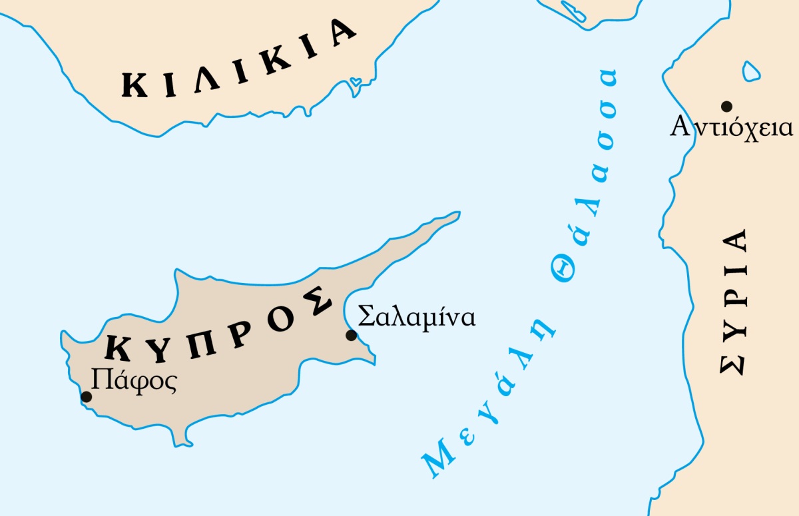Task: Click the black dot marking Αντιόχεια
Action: [x=726, y=106]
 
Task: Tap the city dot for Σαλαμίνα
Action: [x=351, y=335]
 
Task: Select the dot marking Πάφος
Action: [x=86, y=397]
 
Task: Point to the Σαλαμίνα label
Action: [x=417, y=317]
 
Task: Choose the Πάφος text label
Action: [x=134, y=382]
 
